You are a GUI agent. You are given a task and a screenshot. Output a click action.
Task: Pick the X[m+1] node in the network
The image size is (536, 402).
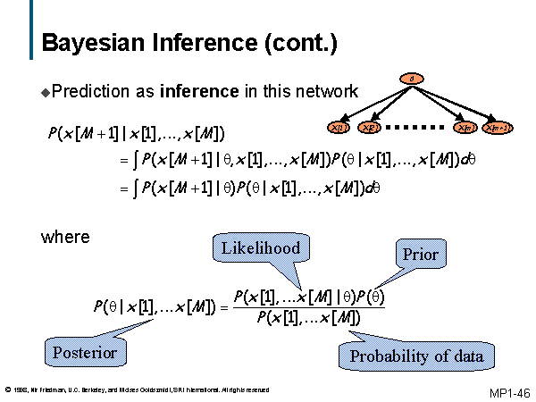tap(498, 128)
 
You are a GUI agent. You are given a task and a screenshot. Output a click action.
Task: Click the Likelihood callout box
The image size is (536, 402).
tap(256, 247)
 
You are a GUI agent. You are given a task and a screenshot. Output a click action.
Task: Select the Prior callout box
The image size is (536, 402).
tap(420, 254)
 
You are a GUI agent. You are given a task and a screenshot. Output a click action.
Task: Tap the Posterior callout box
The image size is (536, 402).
tap(85, 352)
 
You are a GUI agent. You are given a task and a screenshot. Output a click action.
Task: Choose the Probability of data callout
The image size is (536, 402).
tap(416, 356)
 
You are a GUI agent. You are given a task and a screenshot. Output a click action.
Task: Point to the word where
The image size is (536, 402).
tap(65, 237)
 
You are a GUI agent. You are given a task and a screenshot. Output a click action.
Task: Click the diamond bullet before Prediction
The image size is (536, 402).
tap(46, 92)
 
